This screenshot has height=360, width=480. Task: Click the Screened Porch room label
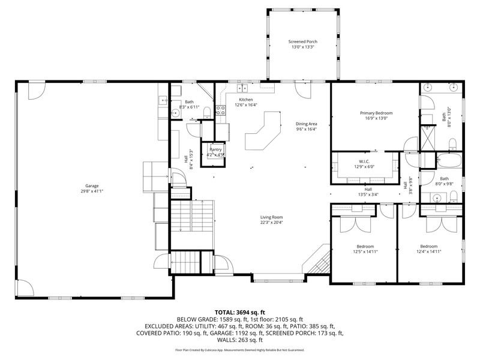[303, 41]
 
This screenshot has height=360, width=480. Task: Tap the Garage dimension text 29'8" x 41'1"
[92, 191]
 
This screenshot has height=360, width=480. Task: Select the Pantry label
[215, 149]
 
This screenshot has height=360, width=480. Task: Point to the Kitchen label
[246, 100]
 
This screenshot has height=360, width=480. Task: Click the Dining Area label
[307, 124]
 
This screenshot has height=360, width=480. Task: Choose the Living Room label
[272, 217]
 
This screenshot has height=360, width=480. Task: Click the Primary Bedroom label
[376, 113]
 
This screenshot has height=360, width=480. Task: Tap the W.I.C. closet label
[364, 161]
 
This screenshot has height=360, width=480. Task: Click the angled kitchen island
[263, 130]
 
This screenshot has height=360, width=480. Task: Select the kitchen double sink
[243, 88]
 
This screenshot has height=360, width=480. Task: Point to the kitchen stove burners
[221, 110]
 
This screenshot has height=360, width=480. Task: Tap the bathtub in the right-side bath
[449, 160]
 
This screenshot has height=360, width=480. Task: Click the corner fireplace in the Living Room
[317, 260]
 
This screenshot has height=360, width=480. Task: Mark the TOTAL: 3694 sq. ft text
[239, 313]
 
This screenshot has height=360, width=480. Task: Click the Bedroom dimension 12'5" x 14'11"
[365, 251]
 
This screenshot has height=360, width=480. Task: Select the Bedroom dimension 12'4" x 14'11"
[428, 251]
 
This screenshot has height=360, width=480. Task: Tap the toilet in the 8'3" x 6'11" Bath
[207, 112]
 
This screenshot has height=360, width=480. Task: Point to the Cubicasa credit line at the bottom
[239, 350]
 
